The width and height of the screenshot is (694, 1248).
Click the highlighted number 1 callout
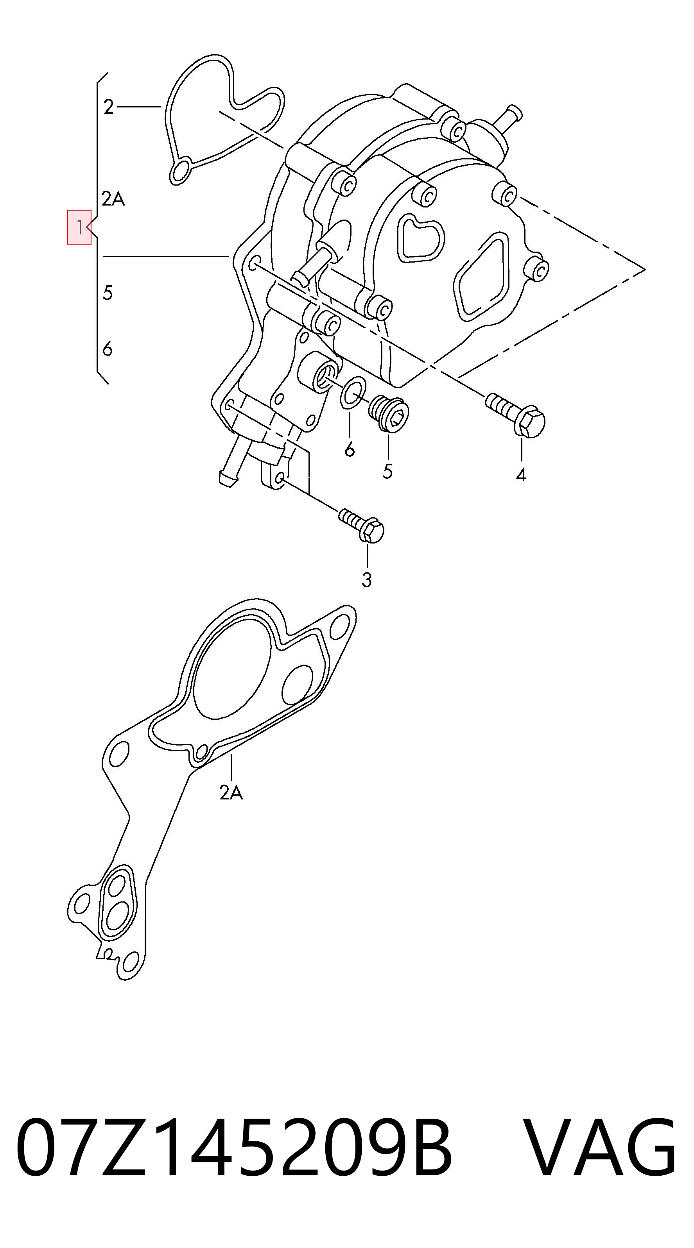(79, 227)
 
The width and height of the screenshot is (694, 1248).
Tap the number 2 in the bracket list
(109, 107)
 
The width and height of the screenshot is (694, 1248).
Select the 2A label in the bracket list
(113, 198)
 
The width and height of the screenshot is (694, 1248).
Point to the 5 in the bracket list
(108, 293)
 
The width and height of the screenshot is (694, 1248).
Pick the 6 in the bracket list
(108, 349)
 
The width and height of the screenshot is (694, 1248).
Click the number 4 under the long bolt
(521, 475)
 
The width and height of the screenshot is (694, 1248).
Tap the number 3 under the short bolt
(367, 579)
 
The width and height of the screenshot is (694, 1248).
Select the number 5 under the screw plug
(387, 471)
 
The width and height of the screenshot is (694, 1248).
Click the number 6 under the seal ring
(350, 450)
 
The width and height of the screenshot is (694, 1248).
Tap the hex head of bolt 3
(372, 530)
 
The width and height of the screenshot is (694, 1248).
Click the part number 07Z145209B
(235, 1147)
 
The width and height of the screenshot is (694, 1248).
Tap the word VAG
(601, 1147)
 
